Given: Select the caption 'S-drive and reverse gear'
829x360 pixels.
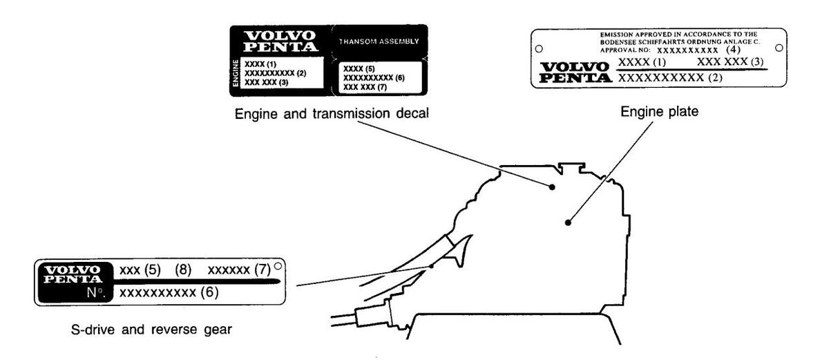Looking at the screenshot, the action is [151, 330].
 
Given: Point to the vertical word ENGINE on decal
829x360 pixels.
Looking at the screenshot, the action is [236, 73].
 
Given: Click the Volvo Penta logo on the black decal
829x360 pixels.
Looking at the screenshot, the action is [280, 41].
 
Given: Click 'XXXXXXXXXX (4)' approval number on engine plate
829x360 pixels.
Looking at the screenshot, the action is [698, 50].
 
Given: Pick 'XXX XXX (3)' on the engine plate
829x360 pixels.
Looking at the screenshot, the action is [729, 63].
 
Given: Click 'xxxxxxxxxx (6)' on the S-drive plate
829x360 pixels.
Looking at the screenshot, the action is [169, 293].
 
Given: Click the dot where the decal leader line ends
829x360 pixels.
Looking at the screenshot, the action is [552, 187].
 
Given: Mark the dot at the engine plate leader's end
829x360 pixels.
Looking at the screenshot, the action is [567, 222].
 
